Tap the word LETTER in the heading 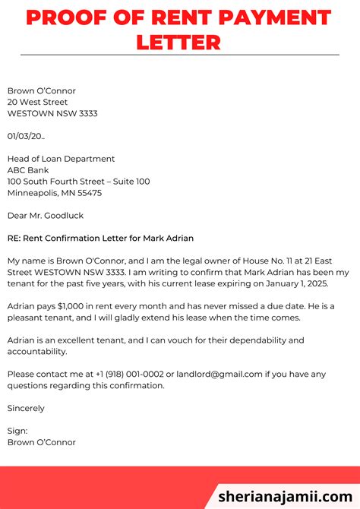tap(179, 42)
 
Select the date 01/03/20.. tap(26, 136)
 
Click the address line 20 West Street tap(37, 103)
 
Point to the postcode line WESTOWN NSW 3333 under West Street tap(52, 114)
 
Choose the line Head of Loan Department tap(61, 159)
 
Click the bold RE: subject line tap(100, 239)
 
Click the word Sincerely tap(26, 408)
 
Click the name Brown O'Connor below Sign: tap(41, 442)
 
